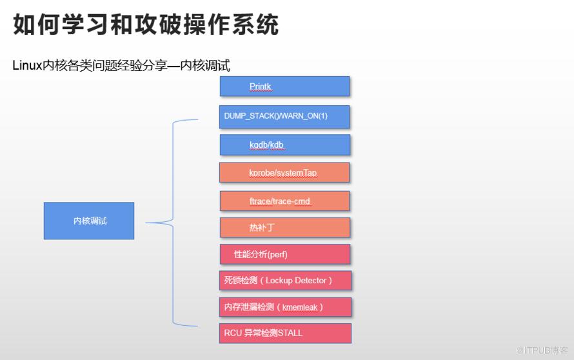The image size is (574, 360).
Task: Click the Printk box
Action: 284,86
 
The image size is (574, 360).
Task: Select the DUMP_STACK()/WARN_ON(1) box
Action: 284,116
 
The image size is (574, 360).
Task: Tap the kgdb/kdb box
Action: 284,145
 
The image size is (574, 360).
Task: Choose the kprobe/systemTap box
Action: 284,173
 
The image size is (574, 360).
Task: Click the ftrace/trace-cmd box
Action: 284,201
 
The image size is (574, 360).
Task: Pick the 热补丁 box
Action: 284,228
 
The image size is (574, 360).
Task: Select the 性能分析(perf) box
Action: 284,254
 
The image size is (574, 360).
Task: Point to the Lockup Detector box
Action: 284,281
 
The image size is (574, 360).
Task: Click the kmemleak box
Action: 284,307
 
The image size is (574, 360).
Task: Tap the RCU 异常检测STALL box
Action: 284,333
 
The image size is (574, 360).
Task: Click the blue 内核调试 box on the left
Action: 89,221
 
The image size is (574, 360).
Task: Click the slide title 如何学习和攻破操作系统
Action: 146,25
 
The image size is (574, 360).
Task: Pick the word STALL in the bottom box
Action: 290,333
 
